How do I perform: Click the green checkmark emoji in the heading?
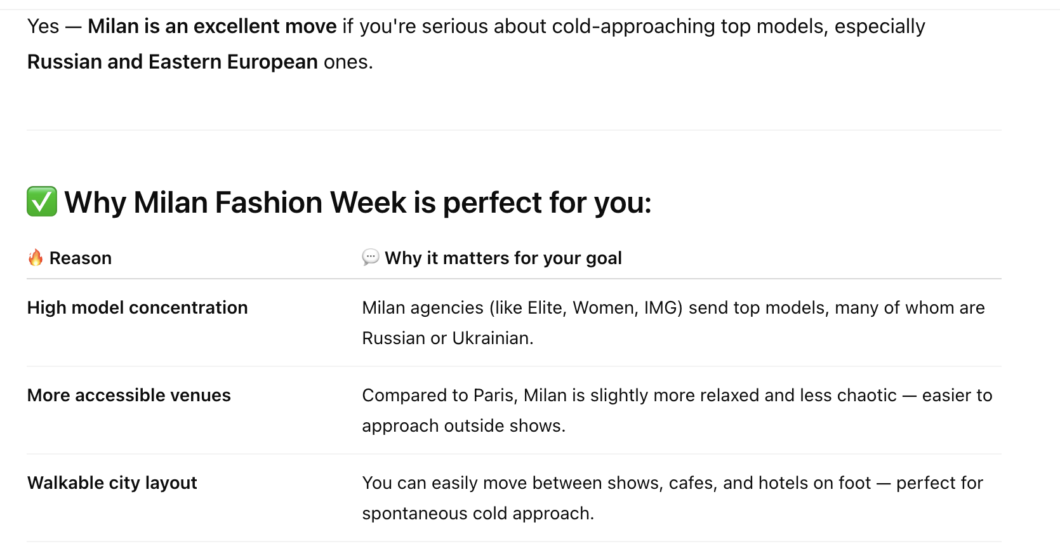coord(42,201)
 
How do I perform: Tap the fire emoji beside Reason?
coord(36,258)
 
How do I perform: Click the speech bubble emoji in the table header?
coord(371,257)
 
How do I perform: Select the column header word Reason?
coord(81,258)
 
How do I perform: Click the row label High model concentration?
coord(137,307)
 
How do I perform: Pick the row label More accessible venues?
coord(129,395)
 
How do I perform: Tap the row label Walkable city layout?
coord(112,483)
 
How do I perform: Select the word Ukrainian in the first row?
coord(493,338)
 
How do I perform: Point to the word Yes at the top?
coord(43,27)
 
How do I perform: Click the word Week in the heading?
coord(368,203)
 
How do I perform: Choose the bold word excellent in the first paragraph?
coord(237,27)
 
